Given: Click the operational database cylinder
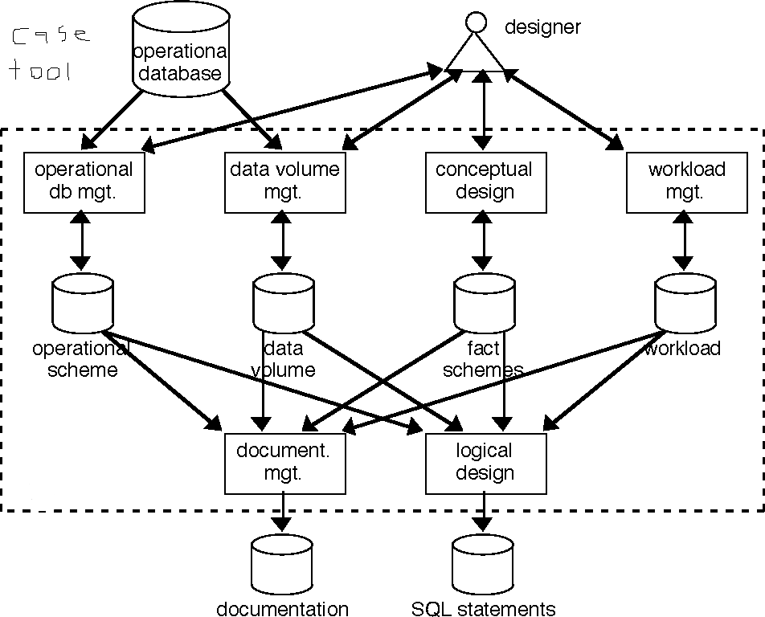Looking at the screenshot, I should point(181,50).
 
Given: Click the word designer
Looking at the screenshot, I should point(542,27).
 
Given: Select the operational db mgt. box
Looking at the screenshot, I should point(84,182).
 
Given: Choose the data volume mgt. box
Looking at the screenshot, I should point(284,182).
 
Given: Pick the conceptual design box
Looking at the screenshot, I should point(484,182).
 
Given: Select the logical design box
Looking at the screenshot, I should point(485,464).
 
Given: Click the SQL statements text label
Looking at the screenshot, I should point(484,608).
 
